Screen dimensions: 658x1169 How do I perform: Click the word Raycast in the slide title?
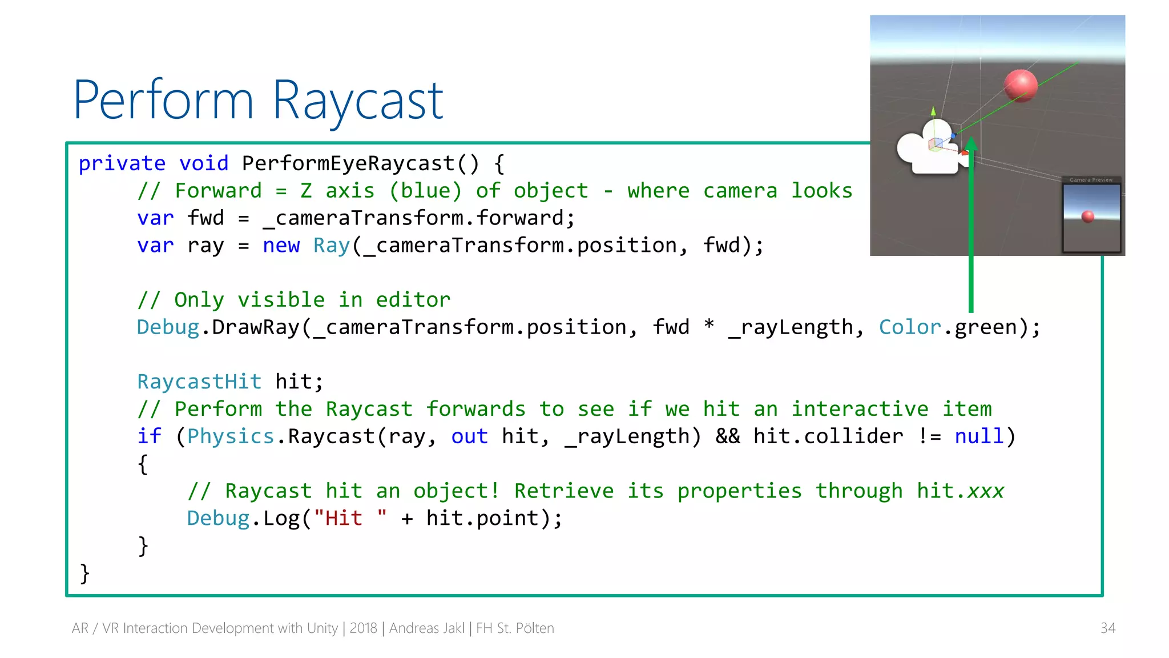pos(358,101)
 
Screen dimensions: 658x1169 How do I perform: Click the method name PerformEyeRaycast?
pos(348,163)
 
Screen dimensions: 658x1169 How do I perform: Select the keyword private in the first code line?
pos(122,163)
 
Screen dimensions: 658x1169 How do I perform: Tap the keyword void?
pos(204,163)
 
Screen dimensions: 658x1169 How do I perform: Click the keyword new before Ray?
pos(281,246)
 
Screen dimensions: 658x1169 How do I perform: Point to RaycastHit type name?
pos(199,382)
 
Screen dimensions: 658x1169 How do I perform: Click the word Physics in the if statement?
pos(231,436)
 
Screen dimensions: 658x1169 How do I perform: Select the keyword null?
pos(979,436)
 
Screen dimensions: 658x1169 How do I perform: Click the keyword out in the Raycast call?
pos(469,436)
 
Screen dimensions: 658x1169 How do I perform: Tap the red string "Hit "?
pos(350,518)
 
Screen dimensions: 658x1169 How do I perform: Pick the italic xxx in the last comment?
pos(985,491)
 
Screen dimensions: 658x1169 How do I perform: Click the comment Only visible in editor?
pos(294,300)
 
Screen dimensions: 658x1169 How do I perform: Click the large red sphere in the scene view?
pos(1021,85)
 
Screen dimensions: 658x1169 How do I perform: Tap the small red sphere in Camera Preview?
pos(1088,216)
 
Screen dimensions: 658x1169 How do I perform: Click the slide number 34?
pos(1107,628)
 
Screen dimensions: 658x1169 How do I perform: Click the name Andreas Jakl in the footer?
pos(427,628)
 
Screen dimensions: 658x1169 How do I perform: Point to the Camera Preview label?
pos(1091,180)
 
